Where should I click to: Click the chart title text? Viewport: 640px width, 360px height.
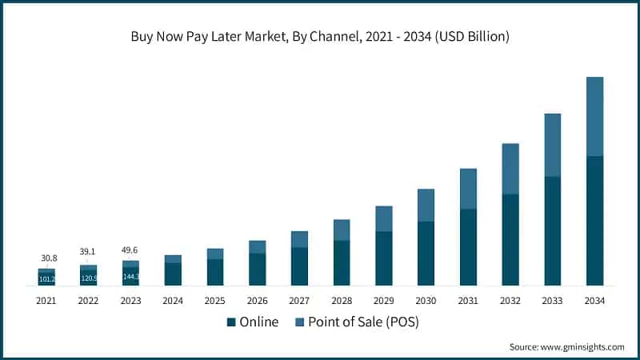tap(320, 37)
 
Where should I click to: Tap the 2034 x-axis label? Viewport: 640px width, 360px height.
tap(594, 301)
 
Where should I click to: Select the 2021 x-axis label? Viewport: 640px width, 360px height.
tap(46, 301)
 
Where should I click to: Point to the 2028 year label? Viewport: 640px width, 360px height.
tap(342, 301)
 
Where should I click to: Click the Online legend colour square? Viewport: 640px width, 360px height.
tap(232, 322)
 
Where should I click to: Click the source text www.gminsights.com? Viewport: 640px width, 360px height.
tap(566, 346)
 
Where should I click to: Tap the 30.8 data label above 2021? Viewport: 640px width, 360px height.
tap(49, 258)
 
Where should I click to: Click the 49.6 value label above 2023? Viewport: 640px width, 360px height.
tap(130, 250)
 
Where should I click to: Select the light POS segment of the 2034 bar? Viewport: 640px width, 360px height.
tap(594, 116)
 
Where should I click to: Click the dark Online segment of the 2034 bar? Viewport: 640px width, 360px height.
tap(594, 220)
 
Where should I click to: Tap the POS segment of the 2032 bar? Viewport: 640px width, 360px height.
tap(510, 169)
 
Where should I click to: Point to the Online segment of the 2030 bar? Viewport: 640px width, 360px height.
tap(426, 253)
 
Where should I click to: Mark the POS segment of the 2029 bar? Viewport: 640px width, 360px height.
tap(384, 218)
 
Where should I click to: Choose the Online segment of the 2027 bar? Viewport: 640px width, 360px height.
tap(299, 266)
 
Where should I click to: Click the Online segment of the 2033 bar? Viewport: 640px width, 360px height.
tap(552, 230)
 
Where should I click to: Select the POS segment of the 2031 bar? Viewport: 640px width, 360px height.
tap(468, 189)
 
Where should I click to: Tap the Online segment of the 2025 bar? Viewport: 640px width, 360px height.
tap(215, 272)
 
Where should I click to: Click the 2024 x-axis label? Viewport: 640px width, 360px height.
tap(173, 301)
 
